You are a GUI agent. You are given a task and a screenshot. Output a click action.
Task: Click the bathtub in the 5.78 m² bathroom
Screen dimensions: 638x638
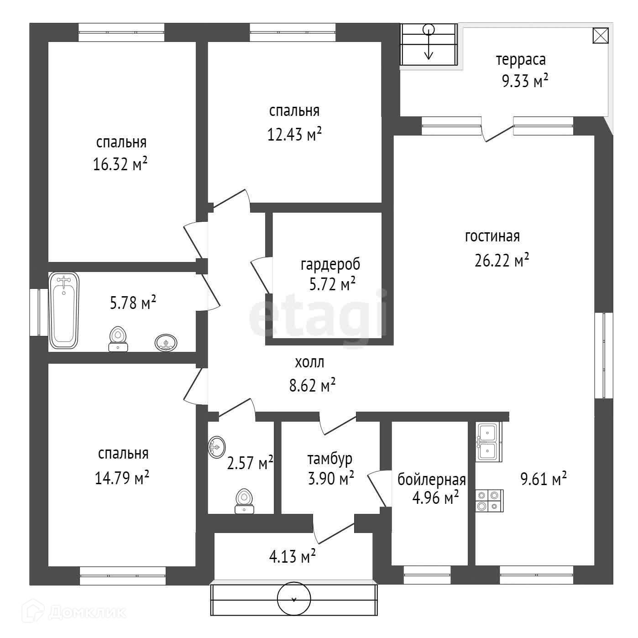point(64,310)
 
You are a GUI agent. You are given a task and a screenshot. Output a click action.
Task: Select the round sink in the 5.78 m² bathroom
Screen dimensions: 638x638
point(166,342)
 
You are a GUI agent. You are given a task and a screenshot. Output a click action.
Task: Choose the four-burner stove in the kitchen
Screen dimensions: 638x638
point(489,500)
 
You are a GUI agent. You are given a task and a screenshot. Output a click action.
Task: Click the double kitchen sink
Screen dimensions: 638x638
point(488,441)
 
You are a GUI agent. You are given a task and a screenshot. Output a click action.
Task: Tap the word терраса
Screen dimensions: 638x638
point(521,60)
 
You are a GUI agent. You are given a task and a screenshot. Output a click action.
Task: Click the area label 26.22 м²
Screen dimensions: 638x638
point(502,261)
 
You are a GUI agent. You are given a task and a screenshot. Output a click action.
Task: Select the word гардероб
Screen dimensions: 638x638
point(330,264)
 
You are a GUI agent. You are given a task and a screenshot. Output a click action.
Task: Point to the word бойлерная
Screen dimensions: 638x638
point(431,480)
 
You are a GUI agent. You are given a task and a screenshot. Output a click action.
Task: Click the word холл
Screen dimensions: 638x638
point(310,362)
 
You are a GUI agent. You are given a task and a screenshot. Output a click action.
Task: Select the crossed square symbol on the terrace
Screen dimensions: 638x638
point(600,36)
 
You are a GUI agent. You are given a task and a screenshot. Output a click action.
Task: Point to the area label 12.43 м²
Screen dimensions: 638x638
point(294,134)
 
